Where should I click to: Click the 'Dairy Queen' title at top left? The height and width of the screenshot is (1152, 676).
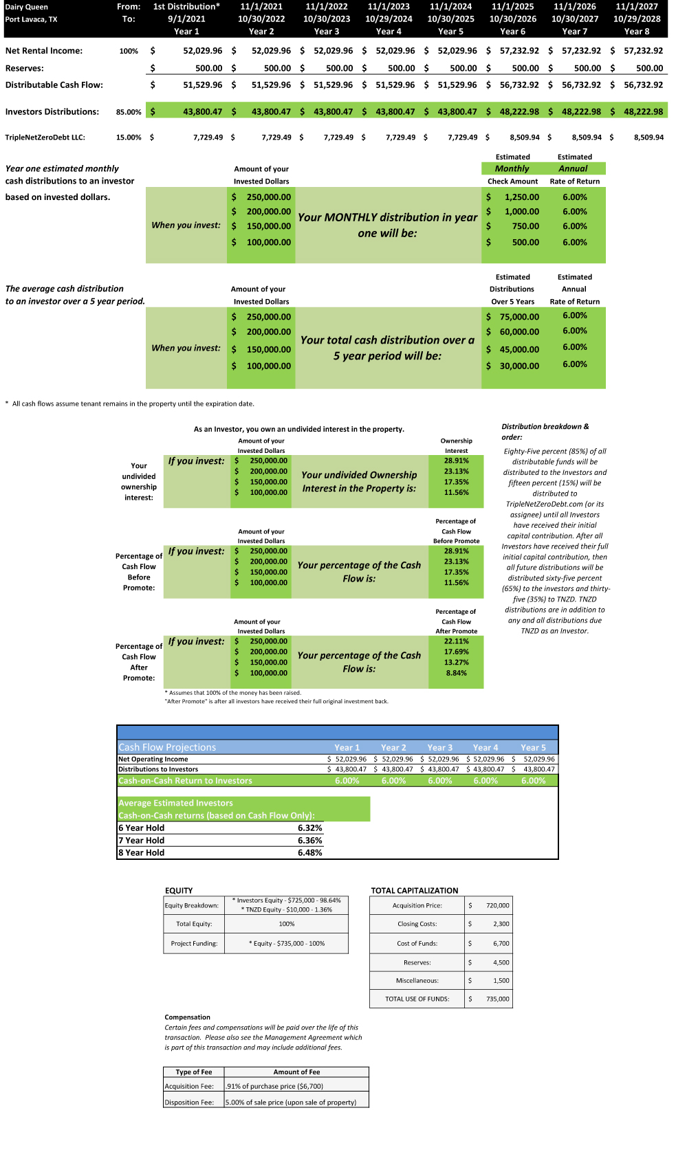27,7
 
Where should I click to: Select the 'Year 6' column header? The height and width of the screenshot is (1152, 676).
512,32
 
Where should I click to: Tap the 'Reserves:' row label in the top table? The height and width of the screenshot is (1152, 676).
25,68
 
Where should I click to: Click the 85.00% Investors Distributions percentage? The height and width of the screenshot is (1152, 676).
129,112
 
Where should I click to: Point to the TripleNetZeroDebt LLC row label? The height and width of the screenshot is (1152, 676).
45,137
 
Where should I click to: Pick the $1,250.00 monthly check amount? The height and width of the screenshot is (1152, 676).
521,197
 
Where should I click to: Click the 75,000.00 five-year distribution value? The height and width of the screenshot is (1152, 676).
519,317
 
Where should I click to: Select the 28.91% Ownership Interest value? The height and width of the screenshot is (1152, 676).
456,461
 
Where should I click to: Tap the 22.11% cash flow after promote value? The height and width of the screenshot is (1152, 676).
456,641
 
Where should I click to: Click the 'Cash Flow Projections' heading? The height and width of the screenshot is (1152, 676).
167,747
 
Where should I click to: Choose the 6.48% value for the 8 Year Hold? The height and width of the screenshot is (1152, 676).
309,853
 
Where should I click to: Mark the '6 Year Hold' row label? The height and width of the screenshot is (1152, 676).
142,828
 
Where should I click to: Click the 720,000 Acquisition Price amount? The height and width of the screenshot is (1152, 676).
497,906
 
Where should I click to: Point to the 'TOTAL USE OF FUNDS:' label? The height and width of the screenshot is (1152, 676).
417,999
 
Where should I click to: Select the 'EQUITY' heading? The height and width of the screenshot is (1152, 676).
179,890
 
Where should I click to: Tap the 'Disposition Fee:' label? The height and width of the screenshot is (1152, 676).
189,1103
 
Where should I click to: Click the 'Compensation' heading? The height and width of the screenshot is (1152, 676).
187,1017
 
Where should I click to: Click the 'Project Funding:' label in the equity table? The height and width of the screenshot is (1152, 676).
194,944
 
